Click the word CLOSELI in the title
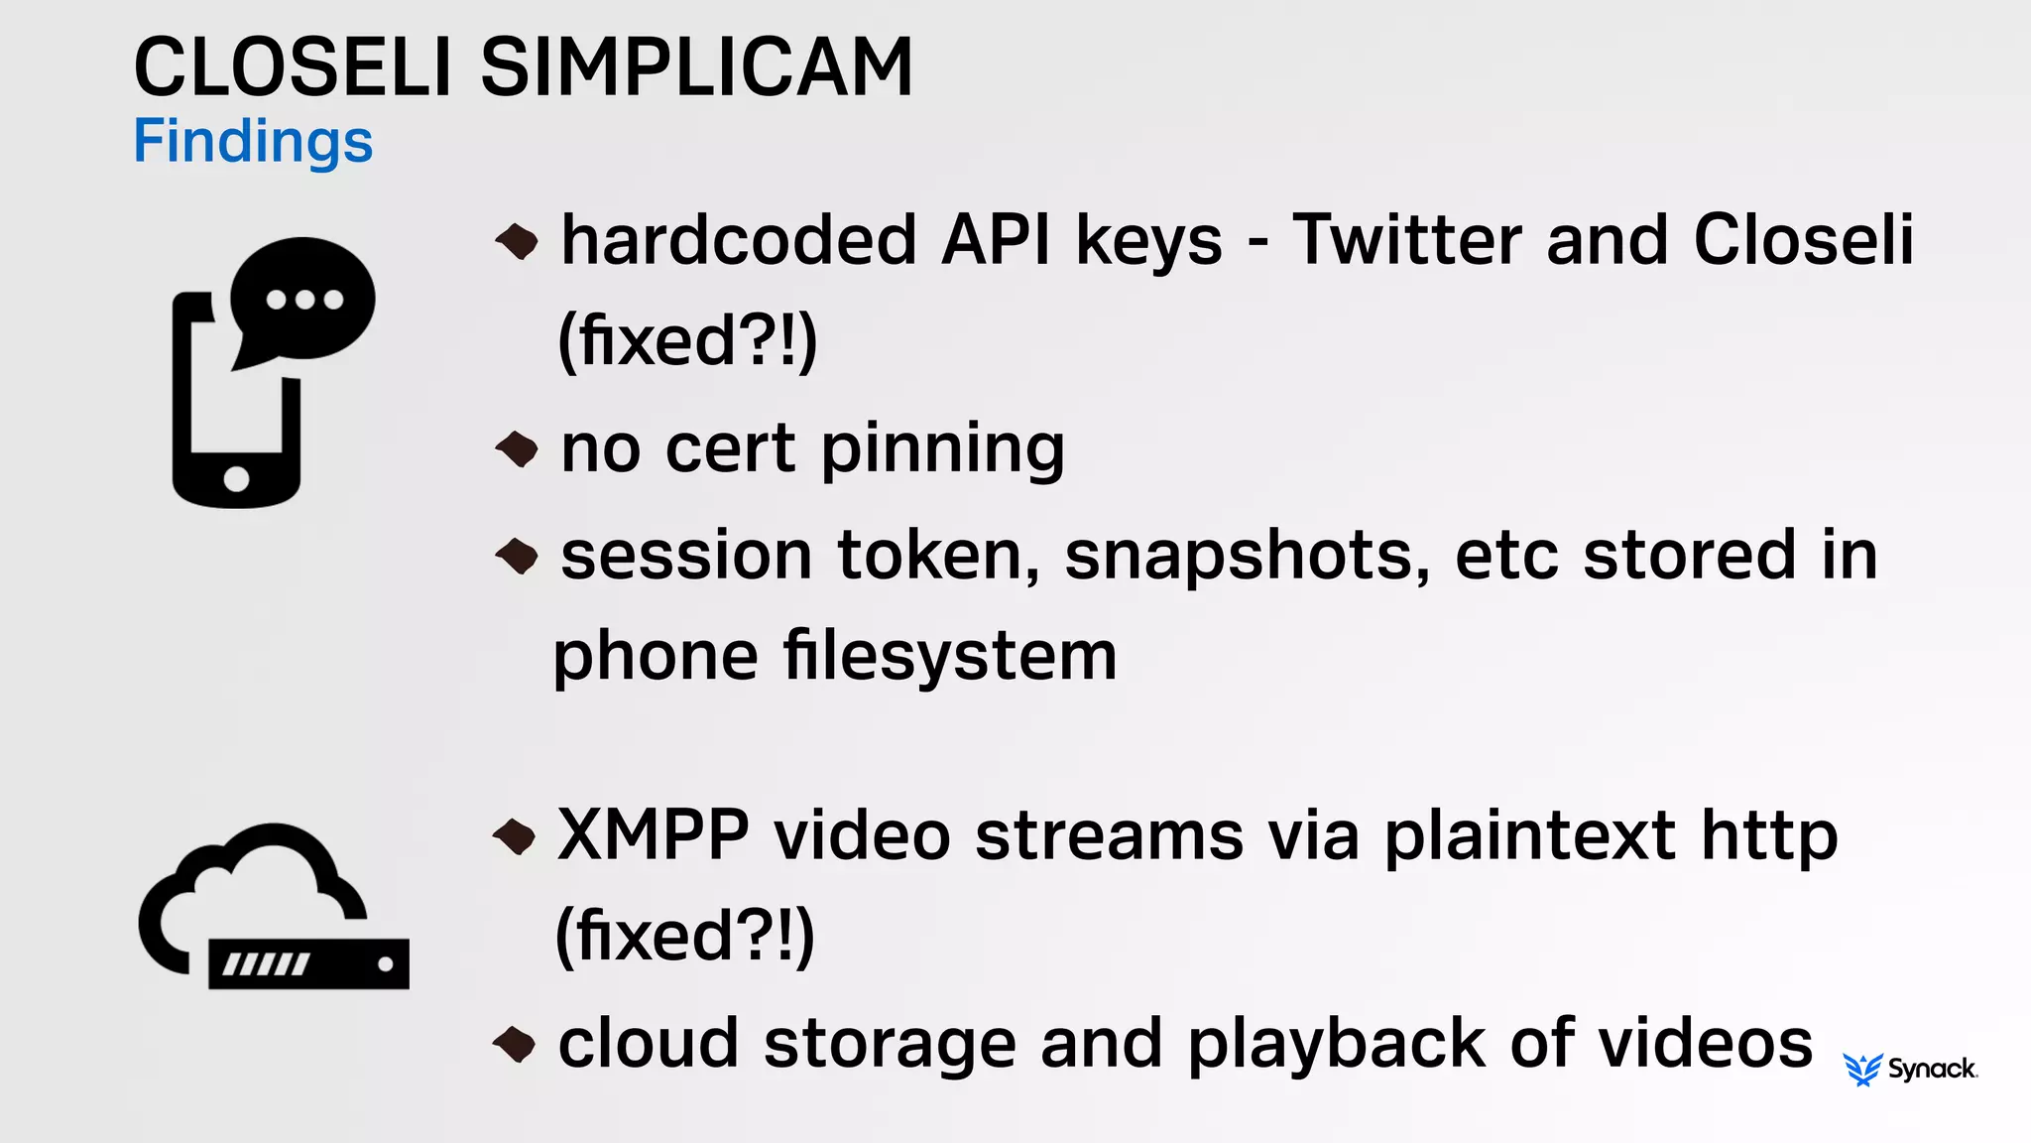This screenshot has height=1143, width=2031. coord(293,67)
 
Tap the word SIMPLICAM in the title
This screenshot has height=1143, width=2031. coord(696,67)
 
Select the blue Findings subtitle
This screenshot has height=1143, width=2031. coord(253,141)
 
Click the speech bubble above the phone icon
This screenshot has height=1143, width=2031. coord(303,299)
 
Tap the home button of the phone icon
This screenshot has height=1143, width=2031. coord(236,479)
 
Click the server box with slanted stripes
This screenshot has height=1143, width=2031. coord(308,963)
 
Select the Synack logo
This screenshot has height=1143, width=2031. coord(1910,1069)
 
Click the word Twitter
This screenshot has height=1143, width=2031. coord(1407,240)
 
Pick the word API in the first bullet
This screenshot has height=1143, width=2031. coord(997,240)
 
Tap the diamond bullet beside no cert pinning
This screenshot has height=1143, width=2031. coord(516,449)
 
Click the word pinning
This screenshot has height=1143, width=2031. coord(942,449)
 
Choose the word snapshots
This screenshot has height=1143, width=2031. coord(1247,555)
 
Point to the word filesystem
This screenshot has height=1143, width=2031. coord(950,656)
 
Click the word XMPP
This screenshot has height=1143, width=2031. coord(653,835)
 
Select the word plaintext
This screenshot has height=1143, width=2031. coord(1530,835)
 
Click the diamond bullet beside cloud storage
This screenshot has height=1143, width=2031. coord(514,1044)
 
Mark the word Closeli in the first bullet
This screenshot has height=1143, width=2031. coord(1803,240)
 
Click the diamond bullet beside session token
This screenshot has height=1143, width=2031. coord(516,556)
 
